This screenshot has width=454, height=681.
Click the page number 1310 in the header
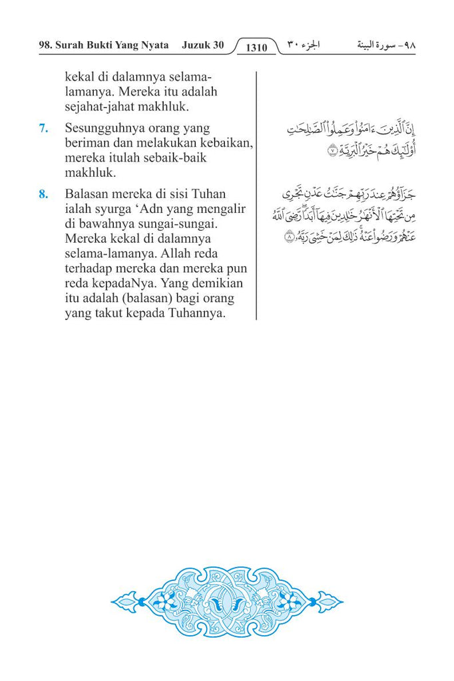[256, 47]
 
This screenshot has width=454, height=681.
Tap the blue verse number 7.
[43, 128]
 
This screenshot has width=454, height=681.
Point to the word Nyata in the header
[153, 46]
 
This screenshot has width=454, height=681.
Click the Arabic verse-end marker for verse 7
[332, 152]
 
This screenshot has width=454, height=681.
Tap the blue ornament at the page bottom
[227, 602]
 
